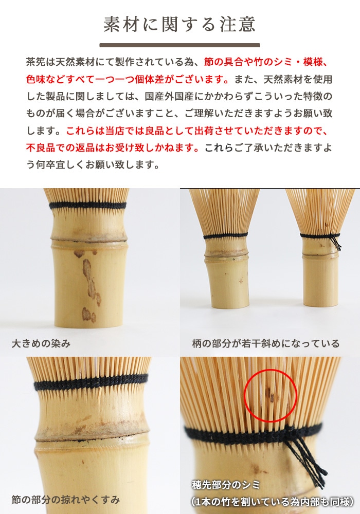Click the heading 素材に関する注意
click(179, 24)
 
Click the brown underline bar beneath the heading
click(179, 45)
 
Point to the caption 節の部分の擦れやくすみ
click(66, 499)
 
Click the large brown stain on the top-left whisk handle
click(89, 280)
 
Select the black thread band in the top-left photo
click(87, 206)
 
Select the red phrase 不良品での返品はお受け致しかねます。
click(112, 148)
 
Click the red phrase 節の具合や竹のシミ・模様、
click(265, 62)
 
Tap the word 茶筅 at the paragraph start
click(33, 62)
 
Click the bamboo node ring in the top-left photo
click(88, 240)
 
